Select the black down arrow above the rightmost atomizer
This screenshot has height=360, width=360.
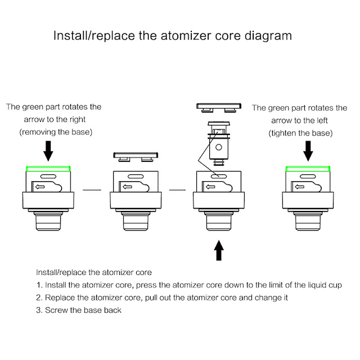tap(308, 150)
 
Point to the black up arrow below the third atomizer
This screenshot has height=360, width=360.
tap(219, 250)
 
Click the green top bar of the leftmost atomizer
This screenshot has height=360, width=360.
tap(48, 168)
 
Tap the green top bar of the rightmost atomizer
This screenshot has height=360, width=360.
tap(308, 168)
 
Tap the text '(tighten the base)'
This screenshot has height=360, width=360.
tap(301, 133)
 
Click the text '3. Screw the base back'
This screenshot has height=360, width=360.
tap(79, 310)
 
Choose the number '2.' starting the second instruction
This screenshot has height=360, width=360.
tap(39, 297)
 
